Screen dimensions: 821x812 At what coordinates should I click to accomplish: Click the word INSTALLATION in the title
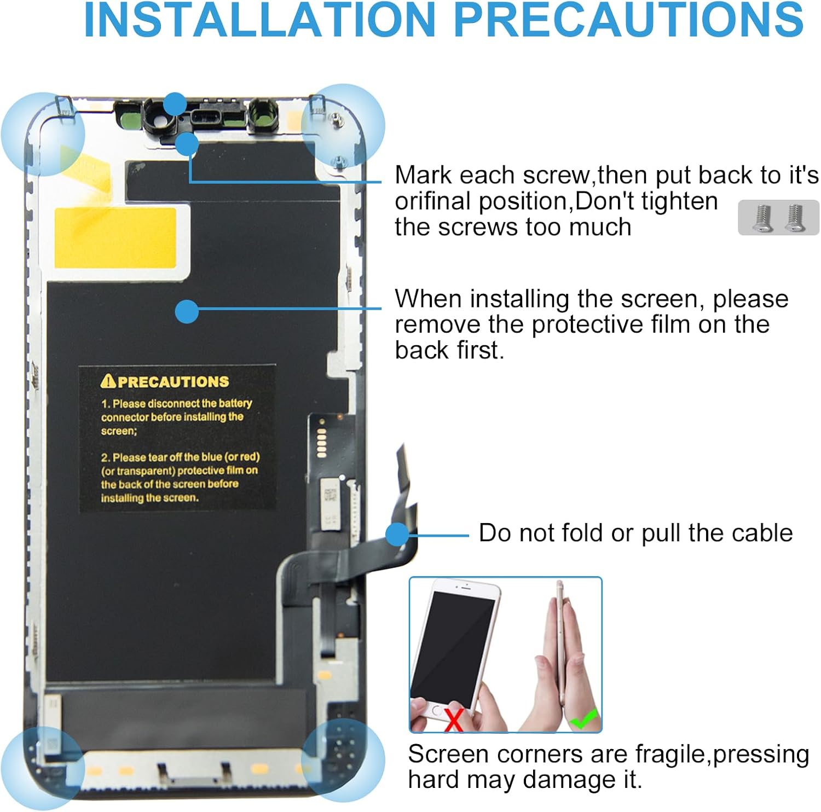pos(260,20)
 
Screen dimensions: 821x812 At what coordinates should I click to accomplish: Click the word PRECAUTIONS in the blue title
pos(629,20)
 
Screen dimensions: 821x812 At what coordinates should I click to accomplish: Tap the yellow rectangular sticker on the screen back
pos(115,237)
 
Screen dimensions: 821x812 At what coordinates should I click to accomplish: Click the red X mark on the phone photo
pos(453,719)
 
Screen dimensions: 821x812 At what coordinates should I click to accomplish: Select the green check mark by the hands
pos(583,718)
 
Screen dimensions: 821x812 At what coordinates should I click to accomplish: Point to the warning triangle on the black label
pos(108,380)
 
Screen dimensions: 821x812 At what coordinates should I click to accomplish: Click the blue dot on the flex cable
pos(397,534)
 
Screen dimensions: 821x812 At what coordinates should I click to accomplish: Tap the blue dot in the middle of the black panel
pos(187,311)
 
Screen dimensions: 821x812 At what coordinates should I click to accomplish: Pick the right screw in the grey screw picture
pos(795,217)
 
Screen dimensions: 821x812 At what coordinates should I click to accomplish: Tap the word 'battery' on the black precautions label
pos(235,403)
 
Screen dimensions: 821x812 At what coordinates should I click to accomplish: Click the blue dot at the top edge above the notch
pos(175,103)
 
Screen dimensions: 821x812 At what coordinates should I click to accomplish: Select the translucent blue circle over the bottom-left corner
pos(43,768)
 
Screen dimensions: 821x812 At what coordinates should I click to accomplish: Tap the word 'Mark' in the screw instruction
pos(423,175)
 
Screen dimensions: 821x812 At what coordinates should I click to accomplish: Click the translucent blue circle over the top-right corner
pos(343,126)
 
